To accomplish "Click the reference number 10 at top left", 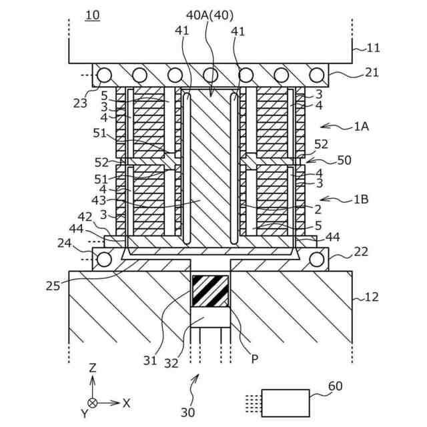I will point(93,15).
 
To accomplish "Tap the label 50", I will point(344,161).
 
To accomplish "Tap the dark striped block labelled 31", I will point(210,291).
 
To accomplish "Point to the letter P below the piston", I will point(255,358).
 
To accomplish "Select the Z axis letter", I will point(93,368).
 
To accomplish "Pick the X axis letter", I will point(126,402).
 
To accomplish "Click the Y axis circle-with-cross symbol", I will point(93,403).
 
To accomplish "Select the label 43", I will point(99,201).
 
